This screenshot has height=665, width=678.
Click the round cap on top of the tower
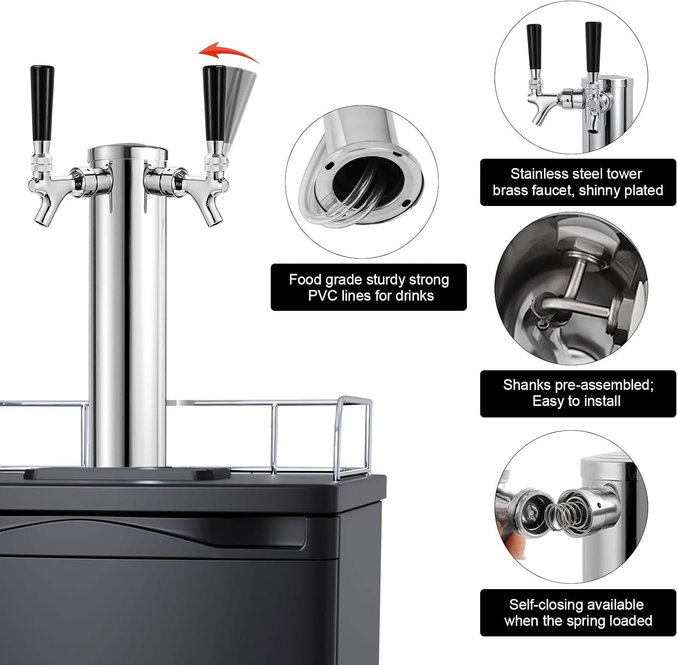point(127,153)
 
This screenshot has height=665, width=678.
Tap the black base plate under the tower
point(127,473)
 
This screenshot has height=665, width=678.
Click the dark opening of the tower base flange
point(357,181)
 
